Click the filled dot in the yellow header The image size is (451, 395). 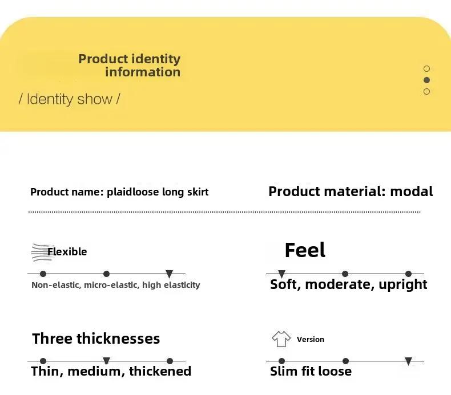pyautogui.click(x=427, y=80)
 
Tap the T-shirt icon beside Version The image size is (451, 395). pyautogui.click(x=281, y=339)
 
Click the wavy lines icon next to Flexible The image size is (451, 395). pyautogui.click(x=42, y=253)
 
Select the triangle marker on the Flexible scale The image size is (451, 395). pyautogui.click(x=170, y=274)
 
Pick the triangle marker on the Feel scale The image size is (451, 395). pyautogui.click(x=282, y=274)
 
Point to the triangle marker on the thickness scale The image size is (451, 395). pyautogui.click(x=106, y=361)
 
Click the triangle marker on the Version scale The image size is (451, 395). pyautogui.click(x=408, y=361)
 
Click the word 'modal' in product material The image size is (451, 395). pyautogui.click(x=412, y=192)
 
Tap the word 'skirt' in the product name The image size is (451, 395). pyautogui.click(x=198, y=192)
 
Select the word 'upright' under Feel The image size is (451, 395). pyautogui.click(x=402, y=284)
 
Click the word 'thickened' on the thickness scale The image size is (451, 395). pyautogui.click(x=160, y=371)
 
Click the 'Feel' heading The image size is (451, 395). pyautogui.click(x=305, y=250)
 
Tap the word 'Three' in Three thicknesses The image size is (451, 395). pyautogui.click(x=52, y=339)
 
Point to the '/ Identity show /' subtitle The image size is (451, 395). pyautogui.click(x=69, y=99)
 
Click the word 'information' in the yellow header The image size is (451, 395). pyautogui.click(x=143, y=72)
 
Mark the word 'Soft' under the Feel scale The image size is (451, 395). pyautogui.click(x=283, y=284)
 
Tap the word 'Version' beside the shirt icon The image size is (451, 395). pyautogui.click(x=311, y=340)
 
